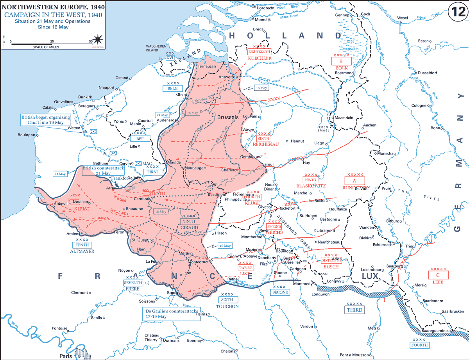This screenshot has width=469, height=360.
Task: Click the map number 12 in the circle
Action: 456,11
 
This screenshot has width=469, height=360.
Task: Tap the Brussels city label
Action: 227,117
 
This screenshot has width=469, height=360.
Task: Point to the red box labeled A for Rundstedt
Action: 354,180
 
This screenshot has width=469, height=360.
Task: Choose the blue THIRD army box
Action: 354,310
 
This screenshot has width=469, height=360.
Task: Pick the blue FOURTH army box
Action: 420,345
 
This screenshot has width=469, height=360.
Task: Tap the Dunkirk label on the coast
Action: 85,96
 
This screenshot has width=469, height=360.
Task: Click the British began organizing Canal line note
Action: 46,119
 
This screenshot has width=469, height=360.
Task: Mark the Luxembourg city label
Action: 372,269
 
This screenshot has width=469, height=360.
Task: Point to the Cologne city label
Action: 419,105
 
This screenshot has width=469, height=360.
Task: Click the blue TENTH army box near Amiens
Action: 82,245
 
